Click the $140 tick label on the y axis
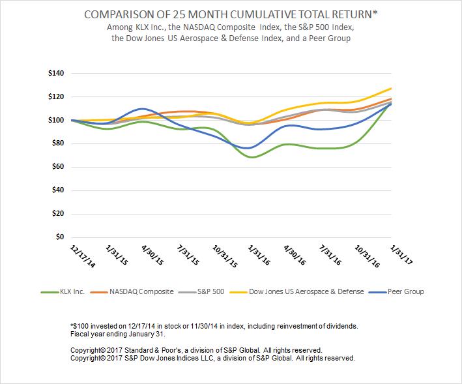pos(56,73)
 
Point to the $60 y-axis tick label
pos(58,167)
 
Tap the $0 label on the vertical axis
pos(60,237)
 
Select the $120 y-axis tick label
pos(56,96)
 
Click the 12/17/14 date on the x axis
pos(83,256)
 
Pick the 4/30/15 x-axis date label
pos(152,255)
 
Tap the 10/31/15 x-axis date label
pos(225,256)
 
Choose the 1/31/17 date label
pos(401,255)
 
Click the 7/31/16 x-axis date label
pos(330,255)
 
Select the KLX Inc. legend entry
pos(63,292)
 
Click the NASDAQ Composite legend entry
pos(132,292)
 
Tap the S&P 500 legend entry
pos(201,292)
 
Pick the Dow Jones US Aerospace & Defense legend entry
pos(296,292)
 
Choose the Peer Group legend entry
pos(396,292)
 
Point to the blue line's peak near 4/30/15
pos(141,109)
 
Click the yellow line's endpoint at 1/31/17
pos(391,88)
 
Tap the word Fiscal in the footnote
pos(79,334)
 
